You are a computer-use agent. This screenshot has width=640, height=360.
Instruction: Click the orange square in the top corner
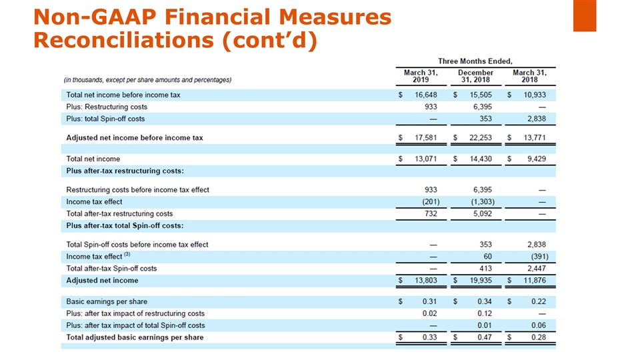[584, 15]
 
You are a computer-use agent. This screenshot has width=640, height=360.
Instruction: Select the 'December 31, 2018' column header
[475, 76]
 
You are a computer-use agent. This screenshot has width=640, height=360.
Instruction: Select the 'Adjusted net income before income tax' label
[135, 138]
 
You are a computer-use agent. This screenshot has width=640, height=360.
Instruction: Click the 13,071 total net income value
[423, 159]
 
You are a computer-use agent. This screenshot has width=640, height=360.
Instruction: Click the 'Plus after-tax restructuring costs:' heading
[125, 171]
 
